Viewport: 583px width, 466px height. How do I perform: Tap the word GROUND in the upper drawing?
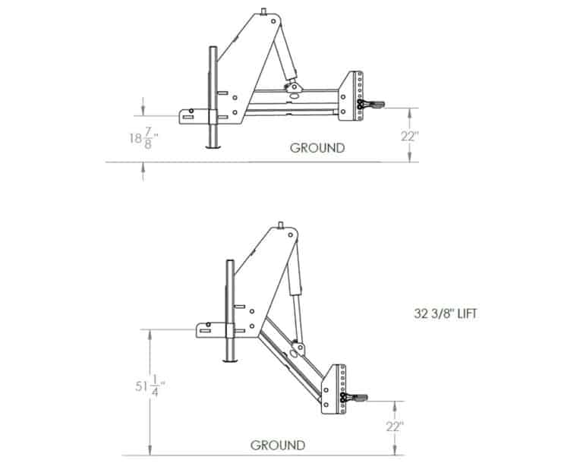point(317,148)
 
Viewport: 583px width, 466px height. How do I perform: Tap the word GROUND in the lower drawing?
point(279,446)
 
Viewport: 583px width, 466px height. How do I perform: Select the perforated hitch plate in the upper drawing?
point(355,96)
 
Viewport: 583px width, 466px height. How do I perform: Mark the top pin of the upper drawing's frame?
point(265,11)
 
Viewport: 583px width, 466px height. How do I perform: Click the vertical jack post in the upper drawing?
point(213,99)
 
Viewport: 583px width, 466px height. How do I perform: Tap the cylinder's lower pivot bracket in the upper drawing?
point(291,89)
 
